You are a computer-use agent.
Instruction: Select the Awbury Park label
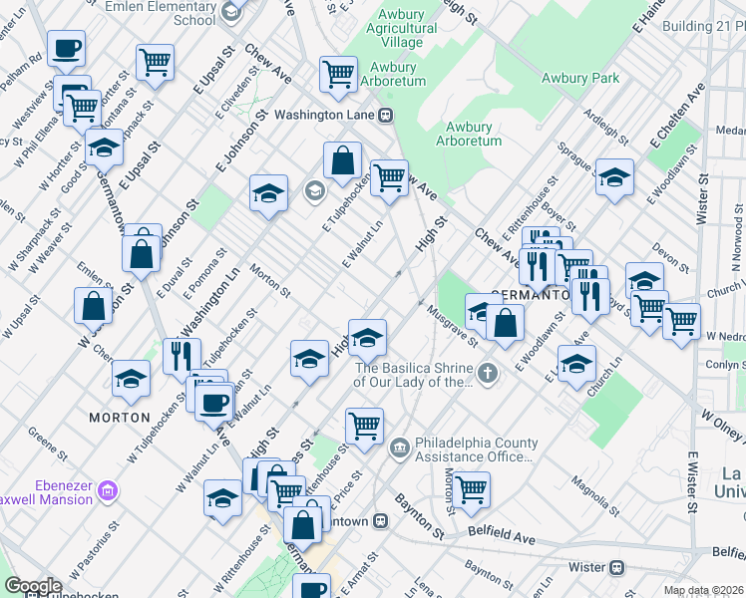pos(579,78)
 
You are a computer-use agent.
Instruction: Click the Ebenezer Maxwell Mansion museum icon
pos(108,489)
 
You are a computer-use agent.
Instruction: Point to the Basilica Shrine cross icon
pos(487,374)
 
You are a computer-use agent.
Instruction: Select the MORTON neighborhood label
pos(119,417)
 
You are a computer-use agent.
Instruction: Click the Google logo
pos(32,586)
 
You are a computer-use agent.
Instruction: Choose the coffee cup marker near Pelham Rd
pos(66,48)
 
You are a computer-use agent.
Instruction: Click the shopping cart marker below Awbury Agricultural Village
pos(338,74)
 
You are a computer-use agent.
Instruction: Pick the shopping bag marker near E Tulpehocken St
pos(342,160)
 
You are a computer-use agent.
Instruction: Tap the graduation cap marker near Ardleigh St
pos(614,177)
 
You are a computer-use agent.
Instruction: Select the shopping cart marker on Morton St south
pos(471,488)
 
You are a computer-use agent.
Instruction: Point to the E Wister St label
pos(692,482)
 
